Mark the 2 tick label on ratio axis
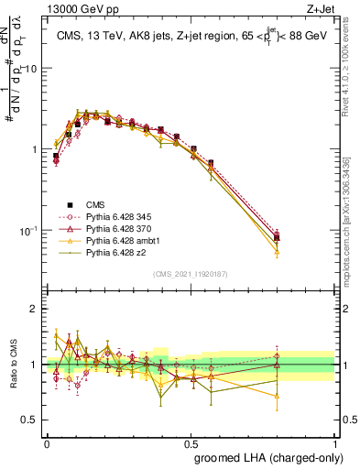coord(36,309)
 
